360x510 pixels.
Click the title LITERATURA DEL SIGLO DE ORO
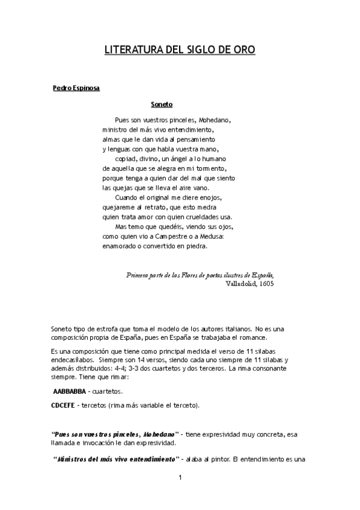point(180,51)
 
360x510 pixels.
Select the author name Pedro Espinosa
point(76,88)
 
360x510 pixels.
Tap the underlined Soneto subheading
point(162,104)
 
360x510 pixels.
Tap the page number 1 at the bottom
point(180,478)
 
